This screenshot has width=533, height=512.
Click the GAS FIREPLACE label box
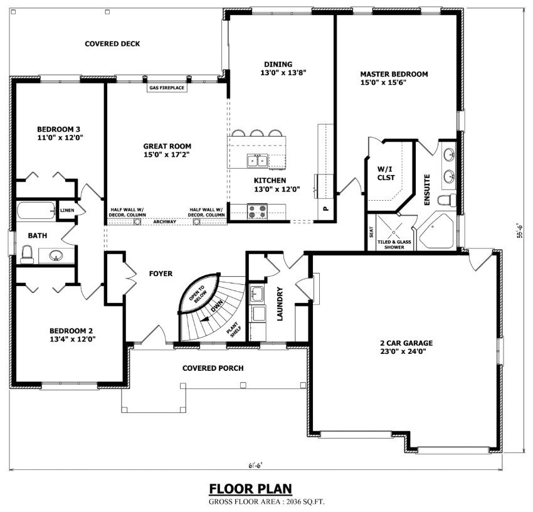[x=166, y=88]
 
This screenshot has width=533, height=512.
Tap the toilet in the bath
[x=26, y=253]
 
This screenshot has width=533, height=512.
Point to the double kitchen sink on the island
[x=257, y=161]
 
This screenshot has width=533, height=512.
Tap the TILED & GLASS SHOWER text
[x=395, y=245]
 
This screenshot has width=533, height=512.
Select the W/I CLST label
[x=385, y=173]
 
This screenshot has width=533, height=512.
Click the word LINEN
[x=67, y=210]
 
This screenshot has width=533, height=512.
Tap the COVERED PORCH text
[x=213, y=368]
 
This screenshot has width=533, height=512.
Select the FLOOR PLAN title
[x=250, y=489]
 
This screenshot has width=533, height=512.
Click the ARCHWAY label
[x=164, y=221]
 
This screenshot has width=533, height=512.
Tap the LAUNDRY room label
[x=280, y=304]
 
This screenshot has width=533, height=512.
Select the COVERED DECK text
[x=112, y=44]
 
